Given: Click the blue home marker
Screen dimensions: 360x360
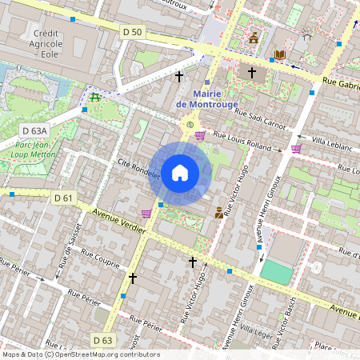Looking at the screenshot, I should (180, 173).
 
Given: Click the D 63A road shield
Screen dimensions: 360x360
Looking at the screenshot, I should (35, 130).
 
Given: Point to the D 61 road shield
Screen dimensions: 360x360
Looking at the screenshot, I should (63, 198).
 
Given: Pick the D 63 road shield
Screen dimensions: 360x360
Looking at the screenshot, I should (102, 340).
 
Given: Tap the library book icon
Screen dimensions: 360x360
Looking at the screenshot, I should (280, 55).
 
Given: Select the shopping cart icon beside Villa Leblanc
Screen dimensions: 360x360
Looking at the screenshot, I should (296, 148).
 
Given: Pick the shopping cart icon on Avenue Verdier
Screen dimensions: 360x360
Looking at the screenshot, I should (146, 214).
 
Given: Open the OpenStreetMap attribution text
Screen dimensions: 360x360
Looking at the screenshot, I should (80, 354).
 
